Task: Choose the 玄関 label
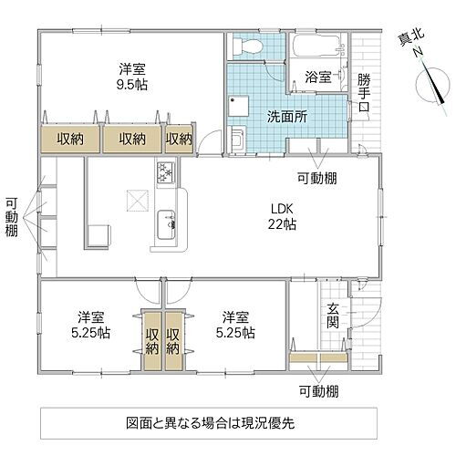[333, 315]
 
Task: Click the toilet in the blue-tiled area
[245, 46]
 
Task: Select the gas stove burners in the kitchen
[167, 171]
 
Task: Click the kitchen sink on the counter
[167, 221]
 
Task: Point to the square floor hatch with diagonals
[133, 199]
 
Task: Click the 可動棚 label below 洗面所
[316, 178]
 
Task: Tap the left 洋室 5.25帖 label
[91, 325]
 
